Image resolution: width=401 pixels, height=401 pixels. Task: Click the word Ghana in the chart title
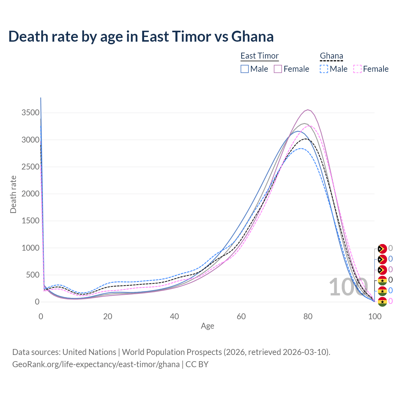[x=252, y=37]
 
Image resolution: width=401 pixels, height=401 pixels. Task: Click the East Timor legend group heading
[x=259, y=56]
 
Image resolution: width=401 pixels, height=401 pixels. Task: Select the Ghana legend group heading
[x=331, y=56]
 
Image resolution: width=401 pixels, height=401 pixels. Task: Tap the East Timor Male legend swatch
[x=245, y=69]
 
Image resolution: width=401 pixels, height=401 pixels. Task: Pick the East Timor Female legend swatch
[x=278, y=69]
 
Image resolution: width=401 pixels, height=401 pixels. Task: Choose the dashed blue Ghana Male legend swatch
[x=324, y=69]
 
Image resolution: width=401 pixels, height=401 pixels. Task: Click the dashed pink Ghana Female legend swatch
[x=357, y=69]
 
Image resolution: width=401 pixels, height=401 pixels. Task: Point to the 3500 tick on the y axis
[x=30, y=113]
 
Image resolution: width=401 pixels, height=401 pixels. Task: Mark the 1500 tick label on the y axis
[x=30, y=221]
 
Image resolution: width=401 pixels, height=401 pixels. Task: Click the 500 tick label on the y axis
[x=33, y=275]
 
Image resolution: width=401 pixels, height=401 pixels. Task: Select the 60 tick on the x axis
[x=241, y=316]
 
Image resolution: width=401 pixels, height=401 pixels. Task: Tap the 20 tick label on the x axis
[x=108, y=316]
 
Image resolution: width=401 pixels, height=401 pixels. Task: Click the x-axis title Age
[x=207, y=326]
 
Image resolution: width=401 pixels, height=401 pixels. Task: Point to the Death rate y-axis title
[x=13, y=194]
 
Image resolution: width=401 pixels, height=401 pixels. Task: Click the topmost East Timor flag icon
[x=382, y=249]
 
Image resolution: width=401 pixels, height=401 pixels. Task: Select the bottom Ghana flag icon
[x=382, y=302]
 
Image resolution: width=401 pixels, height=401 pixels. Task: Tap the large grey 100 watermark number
[x=348, y=287]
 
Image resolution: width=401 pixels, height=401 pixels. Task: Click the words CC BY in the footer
[x=197, y=364]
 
